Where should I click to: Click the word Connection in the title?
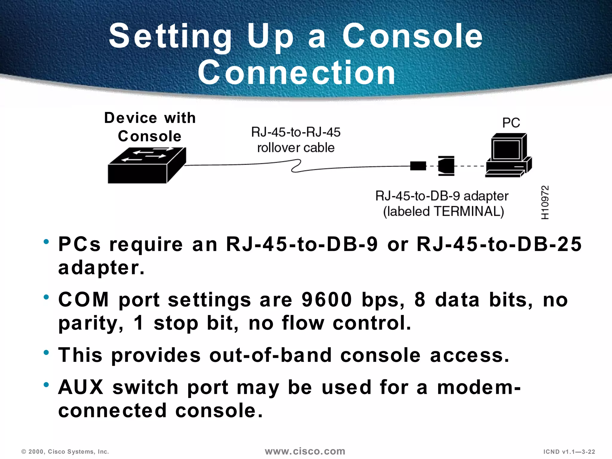(x=296, y=73)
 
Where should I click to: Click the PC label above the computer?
(x=511, y=123)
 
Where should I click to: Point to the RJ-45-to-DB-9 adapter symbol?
(x=446, y=166)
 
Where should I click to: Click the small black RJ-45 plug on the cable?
(x=418, y=166)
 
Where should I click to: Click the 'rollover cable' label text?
(x=296, y=148)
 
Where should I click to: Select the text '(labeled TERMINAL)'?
(x=443, y=212)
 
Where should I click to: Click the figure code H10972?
(x=545, y=202)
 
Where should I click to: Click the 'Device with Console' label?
(x=150, y=127)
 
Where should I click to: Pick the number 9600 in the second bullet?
(x=327, y=299)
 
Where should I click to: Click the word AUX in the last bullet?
(x=81, y=387)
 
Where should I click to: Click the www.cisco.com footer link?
(x=305, y=451)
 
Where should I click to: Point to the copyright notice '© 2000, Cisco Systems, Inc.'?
(x=65, y=452)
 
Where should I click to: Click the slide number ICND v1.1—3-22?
(x=569, y=452)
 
